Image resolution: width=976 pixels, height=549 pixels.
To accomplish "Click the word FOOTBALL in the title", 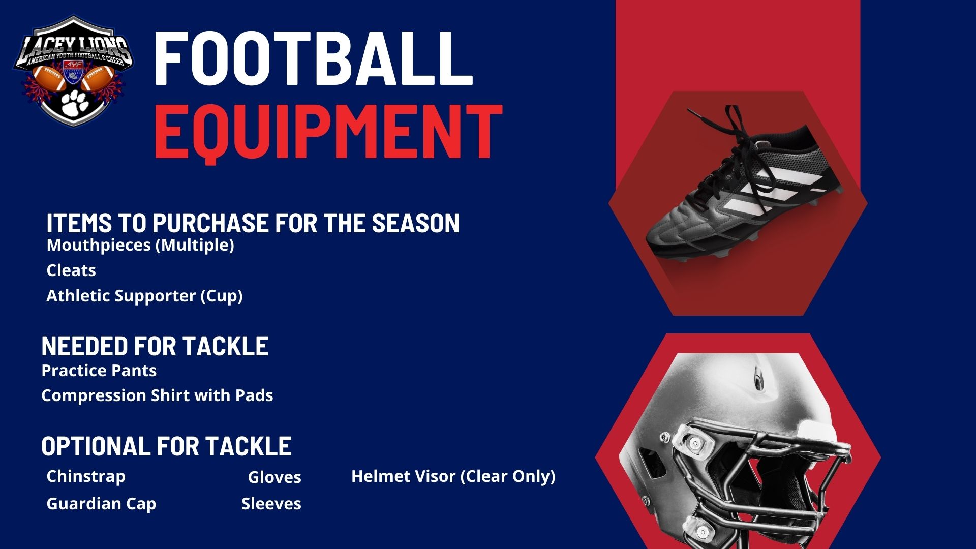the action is (313, 58).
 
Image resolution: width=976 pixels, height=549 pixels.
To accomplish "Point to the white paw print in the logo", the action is (73, 103).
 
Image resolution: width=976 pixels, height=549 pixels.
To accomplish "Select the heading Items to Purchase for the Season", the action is (253, 223).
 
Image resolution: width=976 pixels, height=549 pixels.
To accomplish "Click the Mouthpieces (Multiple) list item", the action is (140, 245).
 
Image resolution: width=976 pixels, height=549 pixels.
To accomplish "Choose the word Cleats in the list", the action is (71, 270).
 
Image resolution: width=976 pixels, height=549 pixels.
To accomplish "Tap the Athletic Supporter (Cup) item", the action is (144, 296).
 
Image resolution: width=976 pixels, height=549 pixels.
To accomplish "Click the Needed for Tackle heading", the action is (155, 346).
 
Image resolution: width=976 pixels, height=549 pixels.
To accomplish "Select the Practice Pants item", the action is (99, 370).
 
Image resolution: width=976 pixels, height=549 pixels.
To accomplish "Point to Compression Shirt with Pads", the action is (157, 395).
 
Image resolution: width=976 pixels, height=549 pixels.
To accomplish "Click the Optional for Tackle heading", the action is (166, 446).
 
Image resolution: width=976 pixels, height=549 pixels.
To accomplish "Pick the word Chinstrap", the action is (86, 477).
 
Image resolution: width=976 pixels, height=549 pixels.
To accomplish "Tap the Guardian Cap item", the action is (101, 504).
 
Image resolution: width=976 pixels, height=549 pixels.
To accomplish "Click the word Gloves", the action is (274, 477).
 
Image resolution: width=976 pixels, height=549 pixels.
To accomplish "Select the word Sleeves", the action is (271, 504).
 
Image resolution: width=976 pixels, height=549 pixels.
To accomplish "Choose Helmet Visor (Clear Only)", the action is (453, 477).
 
